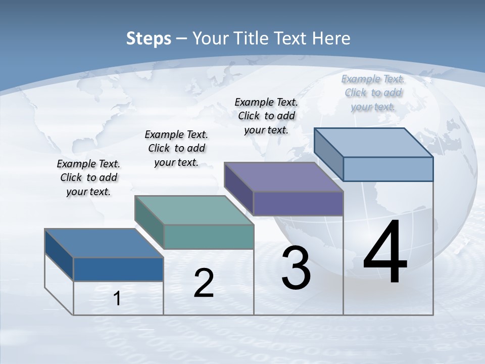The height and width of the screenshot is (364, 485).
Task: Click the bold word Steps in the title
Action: (149, 38)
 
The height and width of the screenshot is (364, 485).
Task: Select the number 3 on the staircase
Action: (296, 268)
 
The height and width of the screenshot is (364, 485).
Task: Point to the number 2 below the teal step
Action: (204, 284)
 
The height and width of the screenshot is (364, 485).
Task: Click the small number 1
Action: (117, 299)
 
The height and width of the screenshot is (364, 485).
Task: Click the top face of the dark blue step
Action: (104, 243)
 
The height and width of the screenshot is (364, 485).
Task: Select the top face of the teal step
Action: (194, 210)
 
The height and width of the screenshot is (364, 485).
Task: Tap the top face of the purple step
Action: (283, 177)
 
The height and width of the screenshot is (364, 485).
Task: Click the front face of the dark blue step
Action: (118, 269)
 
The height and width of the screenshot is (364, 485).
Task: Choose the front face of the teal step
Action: (209, 237)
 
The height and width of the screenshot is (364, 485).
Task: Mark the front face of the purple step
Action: (298, 203)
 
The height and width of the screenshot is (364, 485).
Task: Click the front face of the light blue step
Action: (388, 169)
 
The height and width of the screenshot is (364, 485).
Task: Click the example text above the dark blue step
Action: (88, 177)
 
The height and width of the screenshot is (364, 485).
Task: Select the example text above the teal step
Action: (176, 148)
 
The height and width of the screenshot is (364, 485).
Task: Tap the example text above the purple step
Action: (266, 116)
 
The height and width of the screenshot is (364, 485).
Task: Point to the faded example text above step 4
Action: (373, 93)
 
